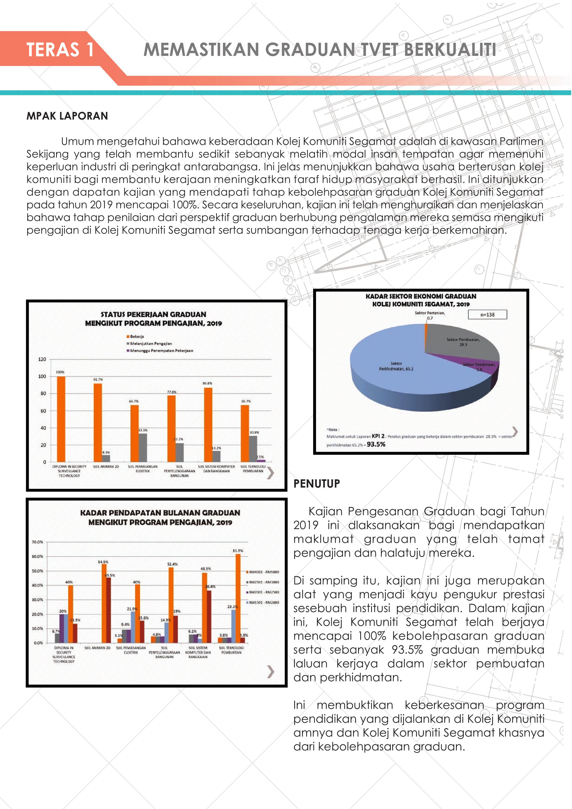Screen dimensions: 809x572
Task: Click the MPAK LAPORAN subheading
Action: tap(67, 116)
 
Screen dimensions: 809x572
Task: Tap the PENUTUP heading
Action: tap(317, 484)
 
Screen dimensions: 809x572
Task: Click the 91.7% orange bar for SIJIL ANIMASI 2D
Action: tap(98, 422)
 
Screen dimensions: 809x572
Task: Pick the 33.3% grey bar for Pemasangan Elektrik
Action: tap(143, 447)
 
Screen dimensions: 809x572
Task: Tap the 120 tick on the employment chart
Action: tap(42, 359)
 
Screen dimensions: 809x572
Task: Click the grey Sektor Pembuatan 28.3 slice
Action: tap(458, 342)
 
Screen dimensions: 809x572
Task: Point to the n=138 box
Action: tap(487, 315)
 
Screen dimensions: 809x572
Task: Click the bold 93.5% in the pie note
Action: tap(376, 444)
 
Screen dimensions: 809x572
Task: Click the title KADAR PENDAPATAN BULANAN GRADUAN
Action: tap(160, 513)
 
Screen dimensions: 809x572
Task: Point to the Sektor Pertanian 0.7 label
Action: tap(430, 315)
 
